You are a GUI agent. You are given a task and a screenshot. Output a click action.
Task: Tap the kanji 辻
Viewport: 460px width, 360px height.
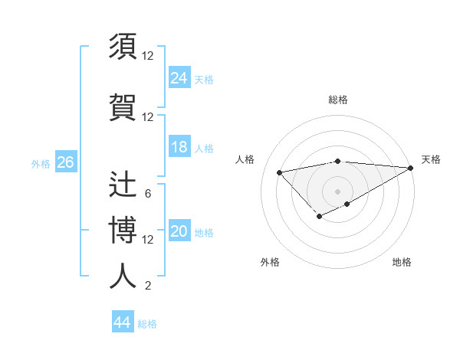123,185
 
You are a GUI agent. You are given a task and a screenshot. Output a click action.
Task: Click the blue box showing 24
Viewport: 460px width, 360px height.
179,77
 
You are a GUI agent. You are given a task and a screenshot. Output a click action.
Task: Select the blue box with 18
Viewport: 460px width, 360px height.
179,147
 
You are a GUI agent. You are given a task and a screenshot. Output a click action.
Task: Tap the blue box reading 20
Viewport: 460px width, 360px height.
179,232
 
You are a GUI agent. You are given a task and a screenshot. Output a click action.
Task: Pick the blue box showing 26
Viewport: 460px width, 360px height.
65,162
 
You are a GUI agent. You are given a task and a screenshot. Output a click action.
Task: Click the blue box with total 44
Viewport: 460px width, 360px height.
122,322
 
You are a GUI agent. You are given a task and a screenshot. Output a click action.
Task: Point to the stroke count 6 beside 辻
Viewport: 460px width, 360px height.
148,194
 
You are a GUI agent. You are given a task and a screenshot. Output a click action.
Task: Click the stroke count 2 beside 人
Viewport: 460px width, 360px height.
148,286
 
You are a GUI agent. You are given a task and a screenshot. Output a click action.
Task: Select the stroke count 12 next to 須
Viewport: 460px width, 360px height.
148,55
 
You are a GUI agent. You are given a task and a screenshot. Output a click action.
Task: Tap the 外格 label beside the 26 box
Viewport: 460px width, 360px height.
41,163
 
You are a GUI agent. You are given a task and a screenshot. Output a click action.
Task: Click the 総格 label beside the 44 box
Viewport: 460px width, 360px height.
147,323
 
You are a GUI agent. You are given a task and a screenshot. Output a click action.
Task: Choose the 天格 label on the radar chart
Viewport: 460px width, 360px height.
431,159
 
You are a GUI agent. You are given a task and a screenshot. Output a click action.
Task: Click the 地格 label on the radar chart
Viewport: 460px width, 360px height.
402,262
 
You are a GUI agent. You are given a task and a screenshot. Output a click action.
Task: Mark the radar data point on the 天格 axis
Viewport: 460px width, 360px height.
411,168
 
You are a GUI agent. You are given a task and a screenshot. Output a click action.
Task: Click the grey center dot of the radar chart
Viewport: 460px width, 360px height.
337,191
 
